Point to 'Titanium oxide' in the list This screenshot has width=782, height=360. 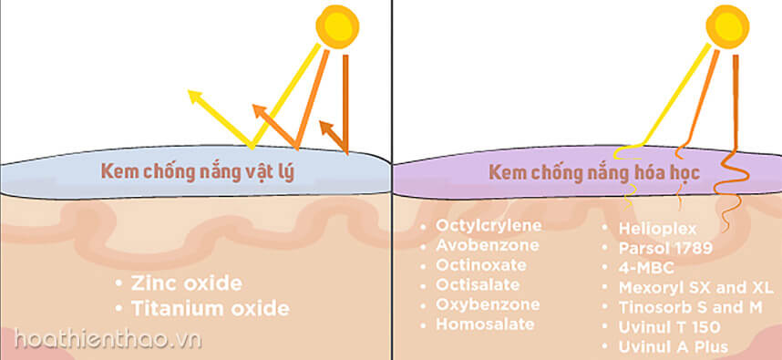210,308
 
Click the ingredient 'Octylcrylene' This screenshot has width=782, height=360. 489,224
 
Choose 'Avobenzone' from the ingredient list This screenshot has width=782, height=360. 488,244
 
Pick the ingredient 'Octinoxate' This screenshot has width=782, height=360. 480,264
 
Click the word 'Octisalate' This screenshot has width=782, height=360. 478,284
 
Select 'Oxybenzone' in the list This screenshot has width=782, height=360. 488,303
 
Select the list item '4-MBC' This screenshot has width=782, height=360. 643,267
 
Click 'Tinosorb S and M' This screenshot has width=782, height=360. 689,306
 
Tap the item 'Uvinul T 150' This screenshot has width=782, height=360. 669,326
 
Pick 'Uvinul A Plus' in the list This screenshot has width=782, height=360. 673,346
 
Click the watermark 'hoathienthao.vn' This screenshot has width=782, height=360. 100,339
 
